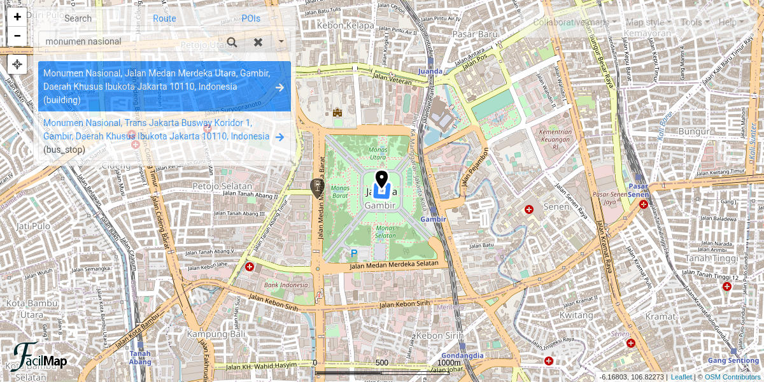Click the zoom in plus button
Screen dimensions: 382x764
(x=17, y=17)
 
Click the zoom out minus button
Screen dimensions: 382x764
(x=17, y=36)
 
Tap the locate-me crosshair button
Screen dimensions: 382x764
(x=17, y=64)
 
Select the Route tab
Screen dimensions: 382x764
(x=164, y=18)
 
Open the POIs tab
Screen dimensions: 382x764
(x=251, y=18)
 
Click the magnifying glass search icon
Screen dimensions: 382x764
(x=232, y=42)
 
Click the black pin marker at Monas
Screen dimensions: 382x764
(x=381, y=179)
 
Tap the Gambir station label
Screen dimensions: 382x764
(x=433, y=219)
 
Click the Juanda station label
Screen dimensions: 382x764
(x=430, y=71)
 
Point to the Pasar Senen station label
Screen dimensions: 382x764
(x=638, y=190)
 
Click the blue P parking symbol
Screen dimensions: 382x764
(x=354, y=253)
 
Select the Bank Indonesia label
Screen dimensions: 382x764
(x=286, y=285)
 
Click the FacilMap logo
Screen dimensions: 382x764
(x=40, y=358)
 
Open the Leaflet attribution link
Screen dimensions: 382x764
(x=681, y=377)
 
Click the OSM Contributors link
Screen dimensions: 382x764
(x=732, y=377)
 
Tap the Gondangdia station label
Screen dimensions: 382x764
(x=462, y=355)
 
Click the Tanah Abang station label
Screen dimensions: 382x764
(x=140, y=358)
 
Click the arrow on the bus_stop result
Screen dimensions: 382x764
(x=279, y=137)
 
